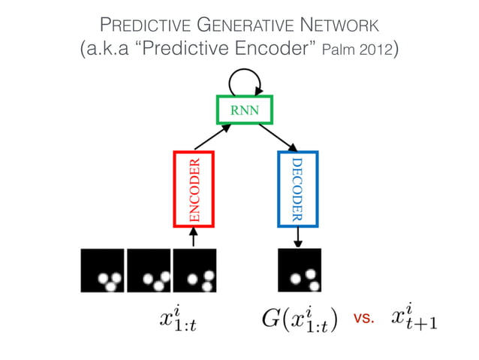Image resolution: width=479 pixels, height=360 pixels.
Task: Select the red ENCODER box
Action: pyautogui.click(x=194, y=188)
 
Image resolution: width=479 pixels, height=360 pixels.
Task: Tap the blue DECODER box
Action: pyautogui.click(x=298, y=188)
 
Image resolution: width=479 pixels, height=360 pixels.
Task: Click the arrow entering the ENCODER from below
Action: pyautogui.click(x=194, y=237)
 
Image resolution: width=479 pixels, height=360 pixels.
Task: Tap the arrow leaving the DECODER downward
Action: pyautogui.click(x=298, y=236)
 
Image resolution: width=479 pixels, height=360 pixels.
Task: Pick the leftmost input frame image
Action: pyautogui.click(x=103, y=270)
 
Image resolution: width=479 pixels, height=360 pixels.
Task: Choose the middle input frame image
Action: pyautogui.click(x=149, y=270)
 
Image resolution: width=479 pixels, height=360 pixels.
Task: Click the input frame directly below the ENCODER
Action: pyautogui.click(x=194, y=270)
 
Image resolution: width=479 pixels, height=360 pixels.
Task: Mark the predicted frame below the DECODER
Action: pyautogui.click(x=300, y=270)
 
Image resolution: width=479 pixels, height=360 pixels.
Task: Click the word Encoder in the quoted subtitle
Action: pyautogui.click(x=268, y=50)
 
